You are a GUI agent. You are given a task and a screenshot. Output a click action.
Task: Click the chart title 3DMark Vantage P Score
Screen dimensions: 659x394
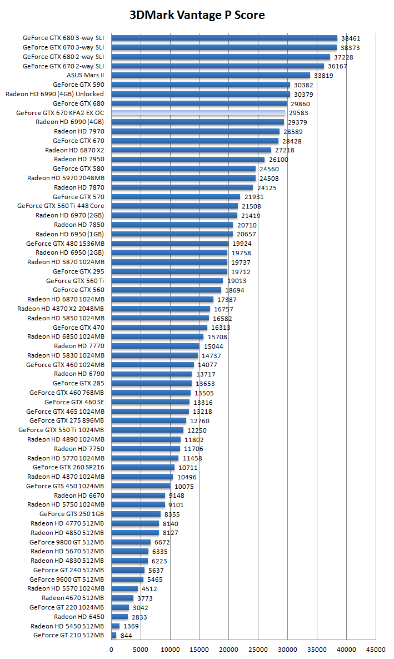coord(197,15)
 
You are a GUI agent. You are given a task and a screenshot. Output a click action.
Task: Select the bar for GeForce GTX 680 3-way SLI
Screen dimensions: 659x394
coord(224,38)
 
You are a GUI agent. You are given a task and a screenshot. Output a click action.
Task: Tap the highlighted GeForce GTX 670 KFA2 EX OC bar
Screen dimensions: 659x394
coord(198,113)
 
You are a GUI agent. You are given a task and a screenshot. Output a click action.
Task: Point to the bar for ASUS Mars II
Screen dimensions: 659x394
coord(211,75)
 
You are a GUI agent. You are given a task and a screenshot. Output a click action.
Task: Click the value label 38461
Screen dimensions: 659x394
coord(351,38)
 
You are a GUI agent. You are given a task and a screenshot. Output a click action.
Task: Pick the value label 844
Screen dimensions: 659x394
coord(126,636)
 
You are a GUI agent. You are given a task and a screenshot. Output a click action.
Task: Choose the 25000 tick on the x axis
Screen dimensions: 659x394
coord(258,649)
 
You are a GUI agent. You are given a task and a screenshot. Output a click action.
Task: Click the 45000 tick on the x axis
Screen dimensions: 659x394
coord(376,649)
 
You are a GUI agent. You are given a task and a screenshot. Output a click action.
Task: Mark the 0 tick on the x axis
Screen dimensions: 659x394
coord(112,649)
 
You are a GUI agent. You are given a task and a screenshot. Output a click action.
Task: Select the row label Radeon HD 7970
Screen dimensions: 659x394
coord(79,131)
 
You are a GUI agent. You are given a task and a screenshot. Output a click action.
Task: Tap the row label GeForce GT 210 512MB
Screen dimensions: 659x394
coord(68,635)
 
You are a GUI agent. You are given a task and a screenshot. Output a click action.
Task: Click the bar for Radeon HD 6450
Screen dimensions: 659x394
coord(119,616)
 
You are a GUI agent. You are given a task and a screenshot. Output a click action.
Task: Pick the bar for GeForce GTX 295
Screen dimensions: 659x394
coord(169,271)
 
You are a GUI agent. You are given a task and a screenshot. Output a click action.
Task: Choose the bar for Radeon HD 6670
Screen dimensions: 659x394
coord(138,495)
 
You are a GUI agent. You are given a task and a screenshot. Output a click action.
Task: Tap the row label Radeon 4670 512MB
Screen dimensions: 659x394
coord(73,598)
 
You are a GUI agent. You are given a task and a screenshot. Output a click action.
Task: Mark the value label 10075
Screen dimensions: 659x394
coord(184,487)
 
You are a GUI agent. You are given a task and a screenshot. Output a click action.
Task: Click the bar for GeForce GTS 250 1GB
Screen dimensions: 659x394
coord(136,514)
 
